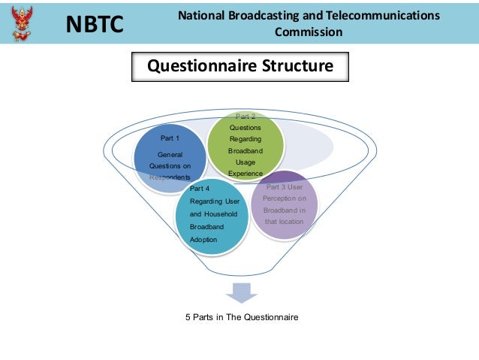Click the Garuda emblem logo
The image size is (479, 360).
tap(23, 22)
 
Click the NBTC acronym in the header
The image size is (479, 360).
tap(95, 25)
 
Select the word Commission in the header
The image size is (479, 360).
tap(309, 32)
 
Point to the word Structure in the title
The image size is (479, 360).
tap(296, 66)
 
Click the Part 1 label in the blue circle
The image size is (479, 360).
tap(170, 138)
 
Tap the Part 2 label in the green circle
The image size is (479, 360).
tap(246, 116)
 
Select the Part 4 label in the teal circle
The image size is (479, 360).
tap(200, 188)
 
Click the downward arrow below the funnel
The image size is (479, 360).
tap(241, 292)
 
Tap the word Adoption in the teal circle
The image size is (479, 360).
tap(203, 239)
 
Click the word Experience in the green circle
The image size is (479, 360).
tap(246, 174)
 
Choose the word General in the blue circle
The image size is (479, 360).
tap(170, 154)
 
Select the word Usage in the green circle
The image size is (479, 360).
tap(246, 162)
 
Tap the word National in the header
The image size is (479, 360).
tap(203, 15)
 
